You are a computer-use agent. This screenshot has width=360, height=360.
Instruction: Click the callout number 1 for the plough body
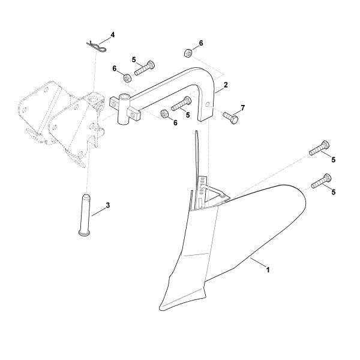click(267, 269)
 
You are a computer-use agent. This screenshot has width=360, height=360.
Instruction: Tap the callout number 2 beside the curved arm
click(226, 85)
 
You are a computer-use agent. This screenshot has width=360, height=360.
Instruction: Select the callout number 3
click(107, 205)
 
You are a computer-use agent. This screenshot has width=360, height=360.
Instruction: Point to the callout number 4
click(112, 35)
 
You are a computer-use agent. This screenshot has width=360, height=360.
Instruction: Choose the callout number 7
click(242, 107)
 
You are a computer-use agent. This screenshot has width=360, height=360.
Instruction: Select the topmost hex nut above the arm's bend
click(188, 53)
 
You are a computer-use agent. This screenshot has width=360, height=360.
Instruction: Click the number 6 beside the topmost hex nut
click(201, 43)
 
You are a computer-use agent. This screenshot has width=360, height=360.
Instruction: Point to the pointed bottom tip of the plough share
click(160, 308)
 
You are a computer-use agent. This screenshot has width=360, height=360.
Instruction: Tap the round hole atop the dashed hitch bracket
click(94, 100)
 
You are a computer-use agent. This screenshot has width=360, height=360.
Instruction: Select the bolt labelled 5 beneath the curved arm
click(181, 104)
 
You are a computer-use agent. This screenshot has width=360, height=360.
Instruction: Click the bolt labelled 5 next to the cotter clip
click(145, 68)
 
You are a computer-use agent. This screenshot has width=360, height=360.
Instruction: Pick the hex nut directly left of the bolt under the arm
click(164, 114)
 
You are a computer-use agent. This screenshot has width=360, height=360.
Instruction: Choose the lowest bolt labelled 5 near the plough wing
click(321, 181)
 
